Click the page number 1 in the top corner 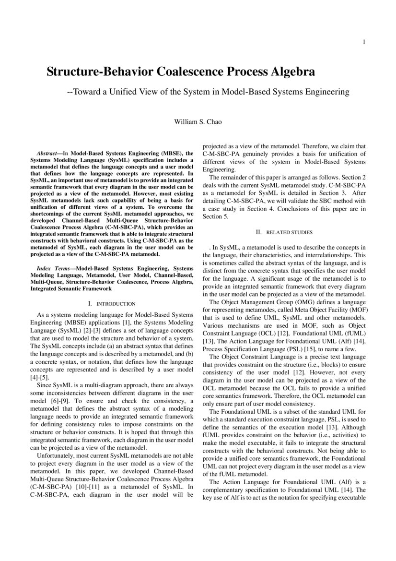coord(364,42)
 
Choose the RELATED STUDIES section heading coord(289,232)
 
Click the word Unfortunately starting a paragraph coord(58,459)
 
